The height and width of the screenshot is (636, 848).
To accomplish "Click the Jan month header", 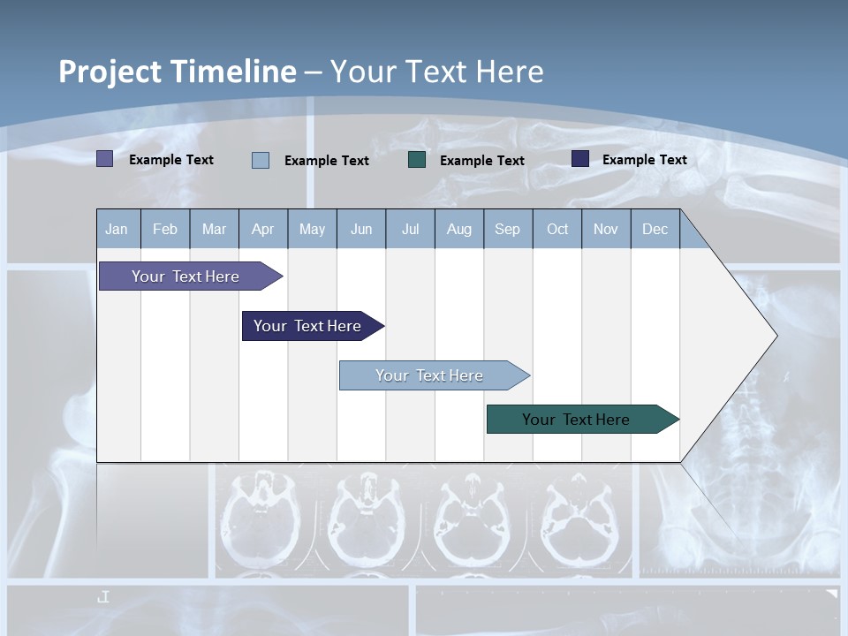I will click(117, 229).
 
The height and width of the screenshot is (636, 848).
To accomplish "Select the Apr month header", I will click(262, 229).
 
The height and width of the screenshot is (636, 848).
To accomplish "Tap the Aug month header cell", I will click(458, 229).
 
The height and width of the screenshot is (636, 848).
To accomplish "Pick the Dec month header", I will click(655, 229).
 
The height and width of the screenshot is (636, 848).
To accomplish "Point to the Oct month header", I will click(557, 229).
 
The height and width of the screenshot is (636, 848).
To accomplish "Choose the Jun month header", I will click(361, 229).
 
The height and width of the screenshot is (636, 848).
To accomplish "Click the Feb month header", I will click(165, 229).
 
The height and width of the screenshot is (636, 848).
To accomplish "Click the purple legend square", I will click(104, 159).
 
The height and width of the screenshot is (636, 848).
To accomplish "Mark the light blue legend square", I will click(261, 160).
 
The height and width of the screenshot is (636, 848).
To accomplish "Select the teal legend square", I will click(417, 160).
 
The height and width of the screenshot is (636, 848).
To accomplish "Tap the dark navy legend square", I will click(580, 159).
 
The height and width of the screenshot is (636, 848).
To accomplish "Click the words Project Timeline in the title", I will click(177, 72).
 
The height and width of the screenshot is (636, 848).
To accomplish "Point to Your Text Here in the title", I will click(436, 72).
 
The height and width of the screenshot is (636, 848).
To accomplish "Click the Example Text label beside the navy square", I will click(644, 160).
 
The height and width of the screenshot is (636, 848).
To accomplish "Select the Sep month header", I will click(507, 229).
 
